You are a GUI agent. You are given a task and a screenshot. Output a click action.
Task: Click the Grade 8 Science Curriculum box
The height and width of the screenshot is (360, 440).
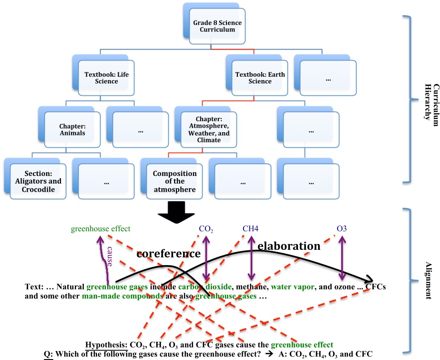tap(214, 26)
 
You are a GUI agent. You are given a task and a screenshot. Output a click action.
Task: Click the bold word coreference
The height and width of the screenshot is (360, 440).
tap(169, 254)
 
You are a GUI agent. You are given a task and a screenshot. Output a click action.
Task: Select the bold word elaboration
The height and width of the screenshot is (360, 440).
tap(289, 246)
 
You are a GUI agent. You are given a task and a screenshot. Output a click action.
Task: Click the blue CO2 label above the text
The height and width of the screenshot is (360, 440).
tap(206, 229)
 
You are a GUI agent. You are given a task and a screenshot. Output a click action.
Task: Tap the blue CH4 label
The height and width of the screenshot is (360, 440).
tap(250, 229)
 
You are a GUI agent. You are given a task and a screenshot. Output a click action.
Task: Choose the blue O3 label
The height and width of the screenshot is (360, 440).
tap(342, 229)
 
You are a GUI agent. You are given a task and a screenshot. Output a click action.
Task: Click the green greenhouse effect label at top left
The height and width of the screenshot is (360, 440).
tap(100, 229)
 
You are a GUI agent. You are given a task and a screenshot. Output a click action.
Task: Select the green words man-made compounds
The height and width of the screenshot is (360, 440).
tap(122, 296)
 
